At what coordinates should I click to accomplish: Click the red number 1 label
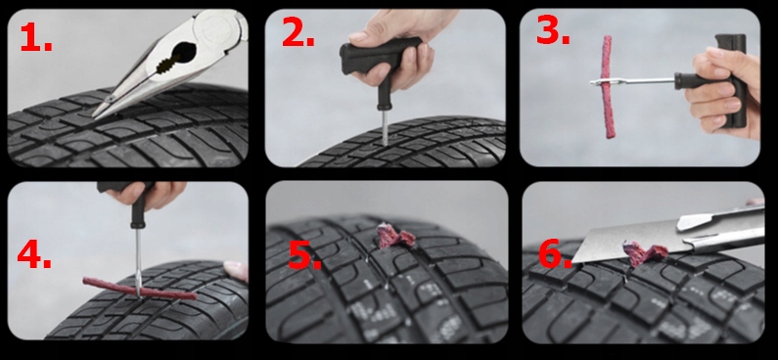click(x=36, y=37)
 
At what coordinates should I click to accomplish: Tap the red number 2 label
click(x=297, y=33)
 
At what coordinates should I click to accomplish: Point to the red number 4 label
click(x=33, y=254)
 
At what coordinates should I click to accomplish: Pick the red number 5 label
click(x=304, y=256)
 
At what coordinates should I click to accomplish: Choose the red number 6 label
click(x=556, y=255)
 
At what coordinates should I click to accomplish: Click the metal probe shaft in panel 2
click(x=385, y=127)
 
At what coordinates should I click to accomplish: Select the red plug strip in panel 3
click(x=608, y=87)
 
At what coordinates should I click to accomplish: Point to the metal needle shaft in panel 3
click(x=631, y=81)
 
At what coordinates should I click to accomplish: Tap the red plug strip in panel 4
click(x=139, y=289)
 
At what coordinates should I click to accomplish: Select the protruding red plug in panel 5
click(x=395, y=237)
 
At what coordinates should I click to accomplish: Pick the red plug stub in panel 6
click(x=644, y=253)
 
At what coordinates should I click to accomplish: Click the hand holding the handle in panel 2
click(x=397, y=45)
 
